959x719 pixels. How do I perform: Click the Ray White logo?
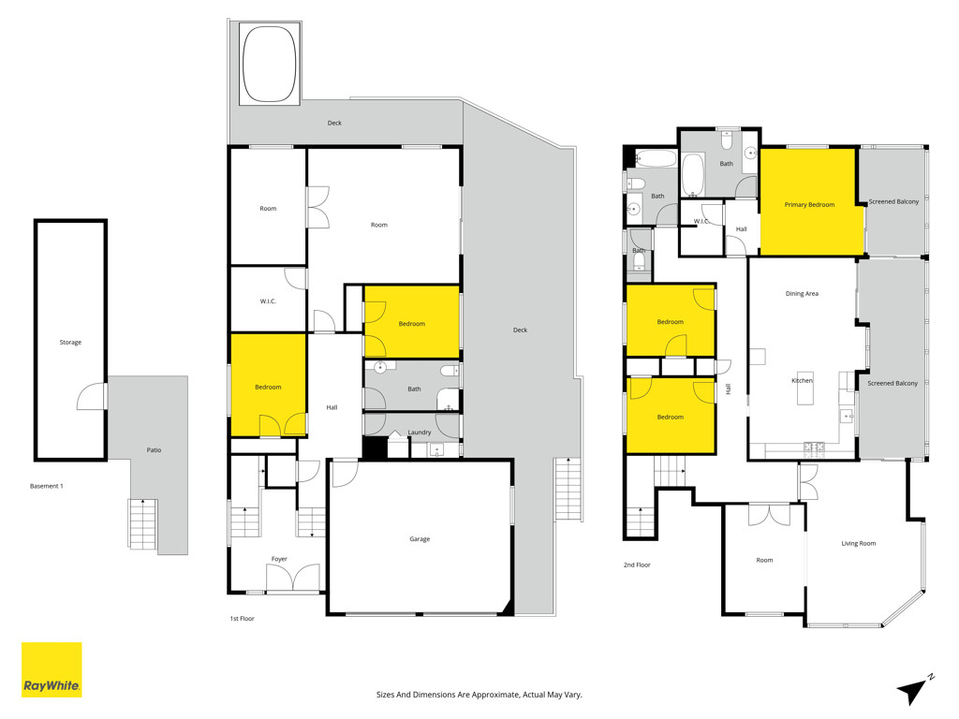(x=52, y=669)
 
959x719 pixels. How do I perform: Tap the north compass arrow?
(x=915, y=691)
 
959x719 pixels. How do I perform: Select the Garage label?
(x=420, y=539)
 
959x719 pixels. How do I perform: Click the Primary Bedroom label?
(x=809, y=205)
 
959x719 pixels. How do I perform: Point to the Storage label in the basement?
(x=70, y=343)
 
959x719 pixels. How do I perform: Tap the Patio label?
(x=154, y=450)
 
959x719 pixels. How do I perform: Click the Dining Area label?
(x=802, y=294)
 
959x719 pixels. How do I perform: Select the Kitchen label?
(x=803, y=380)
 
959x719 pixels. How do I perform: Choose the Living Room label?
(x=858, y=544)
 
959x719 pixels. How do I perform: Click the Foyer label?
(x=279, y=559)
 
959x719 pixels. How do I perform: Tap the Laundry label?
(x=420, y=433)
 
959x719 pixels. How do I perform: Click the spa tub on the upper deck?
(x=270, y=63)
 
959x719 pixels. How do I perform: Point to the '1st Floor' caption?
(x=243, y=619)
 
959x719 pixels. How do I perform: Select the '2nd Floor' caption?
(x=637, y=565)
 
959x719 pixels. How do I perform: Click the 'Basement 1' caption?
(x=47, y=486)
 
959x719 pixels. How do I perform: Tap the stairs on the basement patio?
(x=143, y=523)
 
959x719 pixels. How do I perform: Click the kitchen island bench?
(x=805, y=389)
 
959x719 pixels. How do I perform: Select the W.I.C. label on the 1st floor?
(x=268, y=301)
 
